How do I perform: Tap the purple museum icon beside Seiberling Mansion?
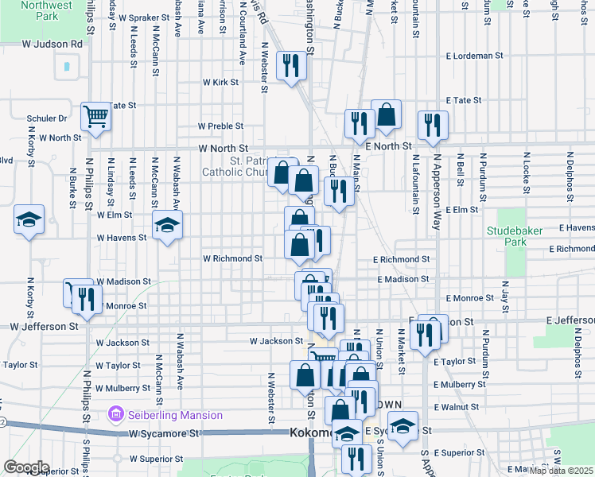[116, 414]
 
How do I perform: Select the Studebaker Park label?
[507, 236]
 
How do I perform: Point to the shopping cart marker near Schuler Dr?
[95, 117]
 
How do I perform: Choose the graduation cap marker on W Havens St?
[167, 227]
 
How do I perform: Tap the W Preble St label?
[220, 126]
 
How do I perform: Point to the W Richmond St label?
[232, 258]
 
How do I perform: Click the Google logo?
[26, 467]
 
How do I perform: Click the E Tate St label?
[464, 100]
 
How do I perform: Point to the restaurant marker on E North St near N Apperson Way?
[433, 126]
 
